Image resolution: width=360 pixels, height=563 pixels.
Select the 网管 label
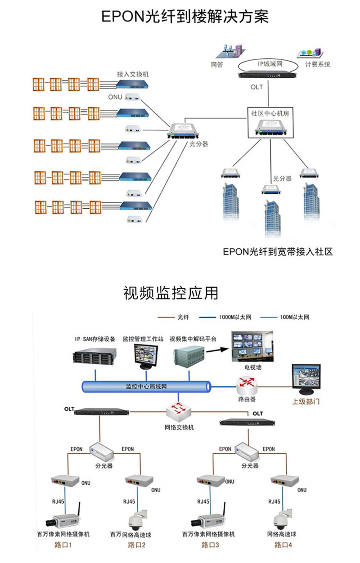(x=217, y=64)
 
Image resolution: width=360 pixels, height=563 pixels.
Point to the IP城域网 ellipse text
(x=270, y=64)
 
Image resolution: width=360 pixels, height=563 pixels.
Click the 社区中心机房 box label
(x=270, y=113)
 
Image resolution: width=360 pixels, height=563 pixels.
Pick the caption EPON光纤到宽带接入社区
(x=278, y=252)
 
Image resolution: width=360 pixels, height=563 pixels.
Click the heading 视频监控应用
(x=171, y=293)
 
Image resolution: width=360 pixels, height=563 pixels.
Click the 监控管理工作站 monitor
(x=146, y=357)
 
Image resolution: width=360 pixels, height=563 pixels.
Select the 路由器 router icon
(x=247, y=384)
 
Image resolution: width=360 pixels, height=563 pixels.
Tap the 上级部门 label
(x=306, y=402)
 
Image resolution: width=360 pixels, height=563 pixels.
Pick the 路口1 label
(x=63, y=545)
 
